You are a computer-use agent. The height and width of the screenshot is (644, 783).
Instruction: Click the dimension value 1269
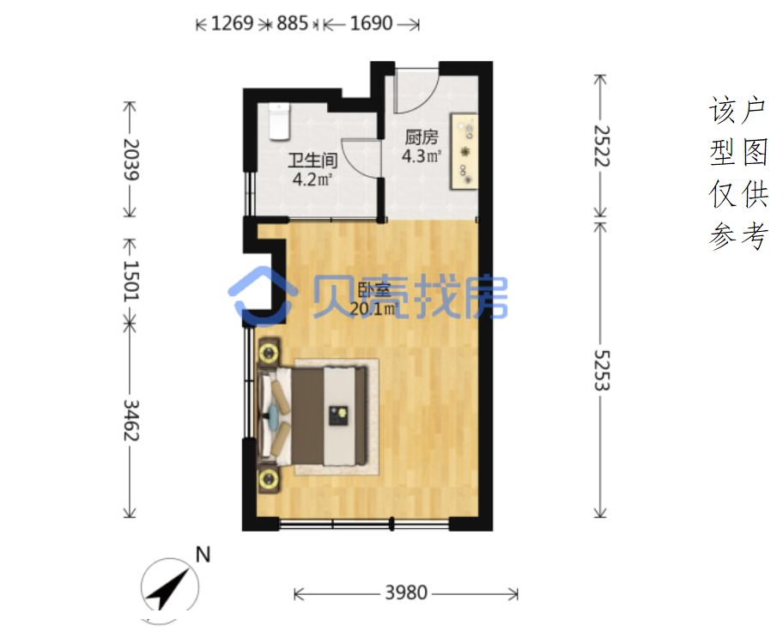[232, 23]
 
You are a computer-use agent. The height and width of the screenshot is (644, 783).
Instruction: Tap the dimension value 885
[292, 23]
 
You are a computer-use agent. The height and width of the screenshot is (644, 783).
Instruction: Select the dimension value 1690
[371, 23]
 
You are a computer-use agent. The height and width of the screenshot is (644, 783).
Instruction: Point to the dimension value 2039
[131, 160]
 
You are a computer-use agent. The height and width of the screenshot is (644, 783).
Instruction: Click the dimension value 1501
[131, 280]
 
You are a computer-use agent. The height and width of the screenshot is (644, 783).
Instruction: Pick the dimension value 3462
[131, 420]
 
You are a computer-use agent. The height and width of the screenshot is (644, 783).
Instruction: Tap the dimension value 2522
[602, 145]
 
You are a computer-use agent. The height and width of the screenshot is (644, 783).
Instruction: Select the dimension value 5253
[602, 370]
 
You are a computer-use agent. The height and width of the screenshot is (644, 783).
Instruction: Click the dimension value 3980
[406, 593]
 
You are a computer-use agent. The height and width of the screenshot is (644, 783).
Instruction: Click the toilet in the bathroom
[279, 121]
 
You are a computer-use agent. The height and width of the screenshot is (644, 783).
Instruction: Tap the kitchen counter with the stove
[464, 151]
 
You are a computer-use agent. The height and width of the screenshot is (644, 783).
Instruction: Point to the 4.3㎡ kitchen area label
[422, 156]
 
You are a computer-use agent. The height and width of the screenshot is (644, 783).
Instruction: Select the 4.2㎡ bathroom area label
[313, 179]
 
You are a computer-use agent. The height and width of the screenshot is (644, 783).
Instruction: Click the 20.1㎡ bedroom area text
[373, 309]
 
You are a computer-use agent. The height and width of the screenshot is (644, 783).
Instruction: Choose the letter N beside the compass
[203, 555]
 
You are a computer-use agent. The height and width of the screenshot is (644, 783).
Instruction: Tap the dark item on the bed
[338, 416]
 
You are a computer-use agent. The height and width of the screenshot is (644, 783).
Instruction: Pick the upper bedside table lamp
[269, 353]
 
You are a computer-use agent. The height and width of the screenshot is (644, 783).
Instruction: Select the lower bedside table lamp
[269, 479]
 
